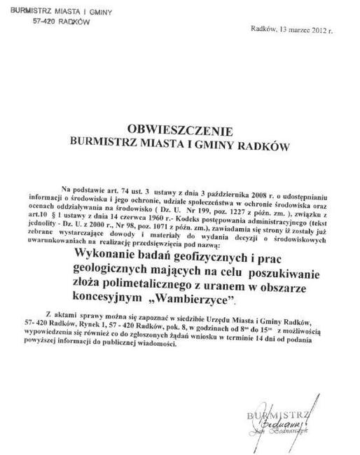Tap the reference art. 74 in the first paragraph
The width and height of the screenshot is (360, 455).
[120, 189]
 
